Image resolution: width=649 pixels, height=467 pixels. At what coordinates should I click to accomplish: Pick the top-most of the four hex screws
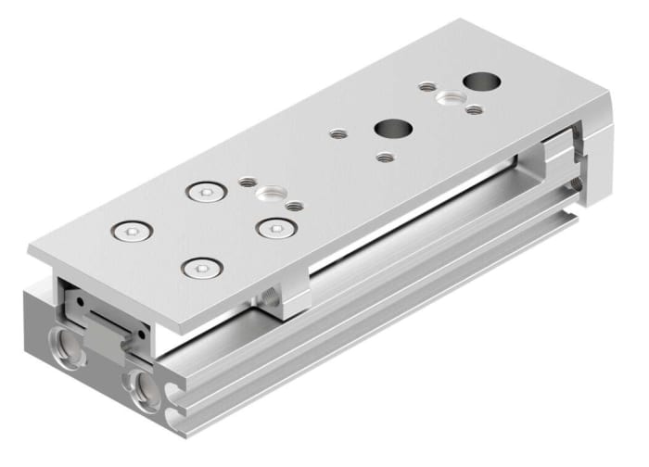[x=204, y=192]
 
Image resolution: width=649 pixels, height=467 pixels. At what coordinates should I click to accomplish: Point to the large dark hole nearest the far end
[x=482, y=82]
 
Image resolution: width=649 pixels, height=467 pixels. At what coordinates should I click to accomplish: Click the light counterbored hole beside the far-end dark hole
[x=451, y=97]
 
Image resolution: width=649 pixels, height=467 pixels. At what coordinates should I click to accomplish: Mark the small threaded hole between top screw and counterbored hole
[x=246, y=183]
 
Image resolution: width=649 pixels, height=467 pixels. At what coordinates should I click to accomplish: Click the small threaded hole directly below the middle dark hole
[x=381, y=156]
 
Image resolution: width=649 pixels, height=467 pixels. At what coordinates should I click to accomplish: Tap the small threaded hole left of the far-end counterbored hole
[x=426, y=86]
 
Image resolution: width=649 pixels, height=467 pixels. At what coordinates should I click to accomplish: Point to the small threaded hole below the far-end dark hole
[x=475, y=110]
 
